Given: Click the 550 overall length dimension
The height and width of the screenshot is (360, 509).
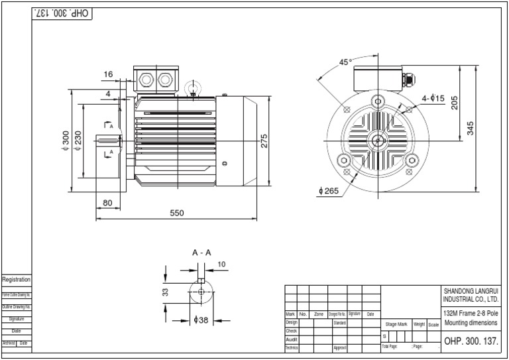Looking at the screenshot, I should [x=176, y=213].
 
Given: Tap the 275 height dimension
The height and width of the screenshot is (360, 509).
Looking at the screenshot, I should [x=264, y=141].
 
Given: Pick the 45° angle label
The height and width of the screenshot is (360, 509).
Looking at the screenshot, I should [x=345, y=62].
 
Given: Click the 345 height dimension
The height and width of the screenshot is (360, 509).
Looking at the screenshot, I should [x=471, y=128].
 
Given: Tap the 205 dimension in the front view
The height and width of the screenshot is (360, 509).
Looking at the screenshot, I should [x=455, y=103].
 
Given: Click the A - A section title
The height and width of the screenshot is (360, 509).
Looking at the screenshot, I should [x=201, y=253].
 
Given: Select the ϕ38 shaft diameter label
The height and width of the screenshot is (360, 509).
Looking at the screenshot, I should [x=201, y=320].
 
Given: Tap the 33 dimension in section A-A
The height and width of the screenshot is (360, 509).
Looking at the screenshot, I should [x=166, y=291].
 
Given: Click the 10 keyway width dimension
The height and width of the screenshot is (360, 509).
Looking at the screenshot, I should [x=221, y=265].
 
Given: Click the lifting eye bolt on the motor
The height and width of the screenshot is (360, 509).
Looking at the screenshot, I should [x=193, y=88].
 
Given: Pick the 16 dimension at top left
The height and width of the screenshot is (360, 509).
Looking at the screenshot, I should [x=108, y=74].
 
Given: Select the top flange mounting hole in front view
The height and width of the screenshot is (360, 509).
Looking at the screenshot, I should [x=377, y=101].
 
